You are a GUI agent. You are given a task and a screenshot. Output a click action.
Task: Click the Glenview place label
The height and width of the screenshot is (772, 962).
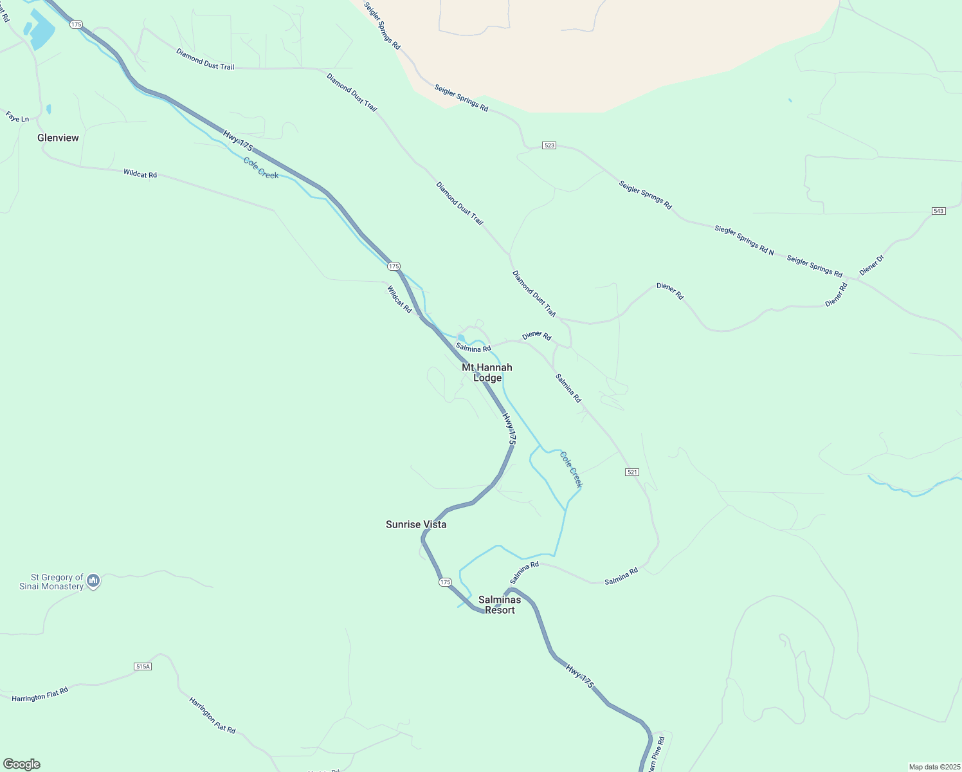pos(58,138)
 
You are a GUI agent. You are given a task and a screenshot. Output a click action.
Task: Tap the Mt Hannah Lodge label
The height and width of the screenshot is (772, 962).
pos(487,372)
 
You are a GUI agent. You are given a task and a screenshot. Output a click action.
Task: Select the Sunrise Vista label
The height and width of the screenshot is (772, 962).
pos(416,524)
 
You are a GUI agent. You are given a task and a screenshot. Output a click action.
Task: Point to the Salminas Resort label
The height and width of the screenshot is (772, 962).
pos(500,605)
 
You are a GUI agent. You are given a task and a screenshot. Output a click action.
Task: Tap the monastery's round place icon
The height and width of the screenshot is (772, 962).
pos(93,582)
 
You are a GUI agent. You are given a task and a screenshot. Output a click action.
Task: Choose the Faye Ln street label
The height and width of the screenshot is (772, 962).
pos(17,117)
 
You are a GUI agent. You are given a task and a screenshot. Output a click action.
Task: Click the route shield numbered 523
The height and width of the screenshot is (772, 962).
pos(549,145)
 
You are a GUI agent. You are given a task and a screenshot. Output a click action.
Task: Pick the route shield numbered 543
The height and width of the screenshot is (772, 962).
pos(939,211)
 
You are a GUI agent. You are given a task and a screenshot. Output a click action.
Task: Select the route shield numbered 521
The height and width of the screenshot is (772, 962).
pos(632,472)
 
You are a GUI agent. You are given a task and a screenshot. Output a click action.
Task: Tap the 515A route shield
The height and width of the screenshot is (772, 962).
pos(143,666)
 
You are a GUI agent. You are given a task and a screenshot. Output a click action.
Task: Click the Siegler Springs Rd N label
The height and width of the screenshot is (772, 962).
pos(744,239)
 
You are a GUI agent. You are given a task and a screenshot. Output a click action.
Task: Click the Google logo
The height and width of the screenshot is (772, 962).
pos(22,764)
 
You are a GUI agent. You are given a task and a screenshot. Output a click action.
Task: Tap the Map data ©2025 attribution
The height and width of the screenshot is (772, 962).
pos(934,767)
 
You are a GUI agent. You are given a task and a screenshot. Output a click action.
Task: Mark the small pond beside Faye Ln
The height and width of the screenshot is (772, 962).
pos(49,109)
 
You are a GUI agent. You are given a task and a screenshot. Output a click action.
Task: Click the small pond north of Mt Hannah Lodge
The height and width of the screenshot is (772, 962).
pos(461,338)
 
